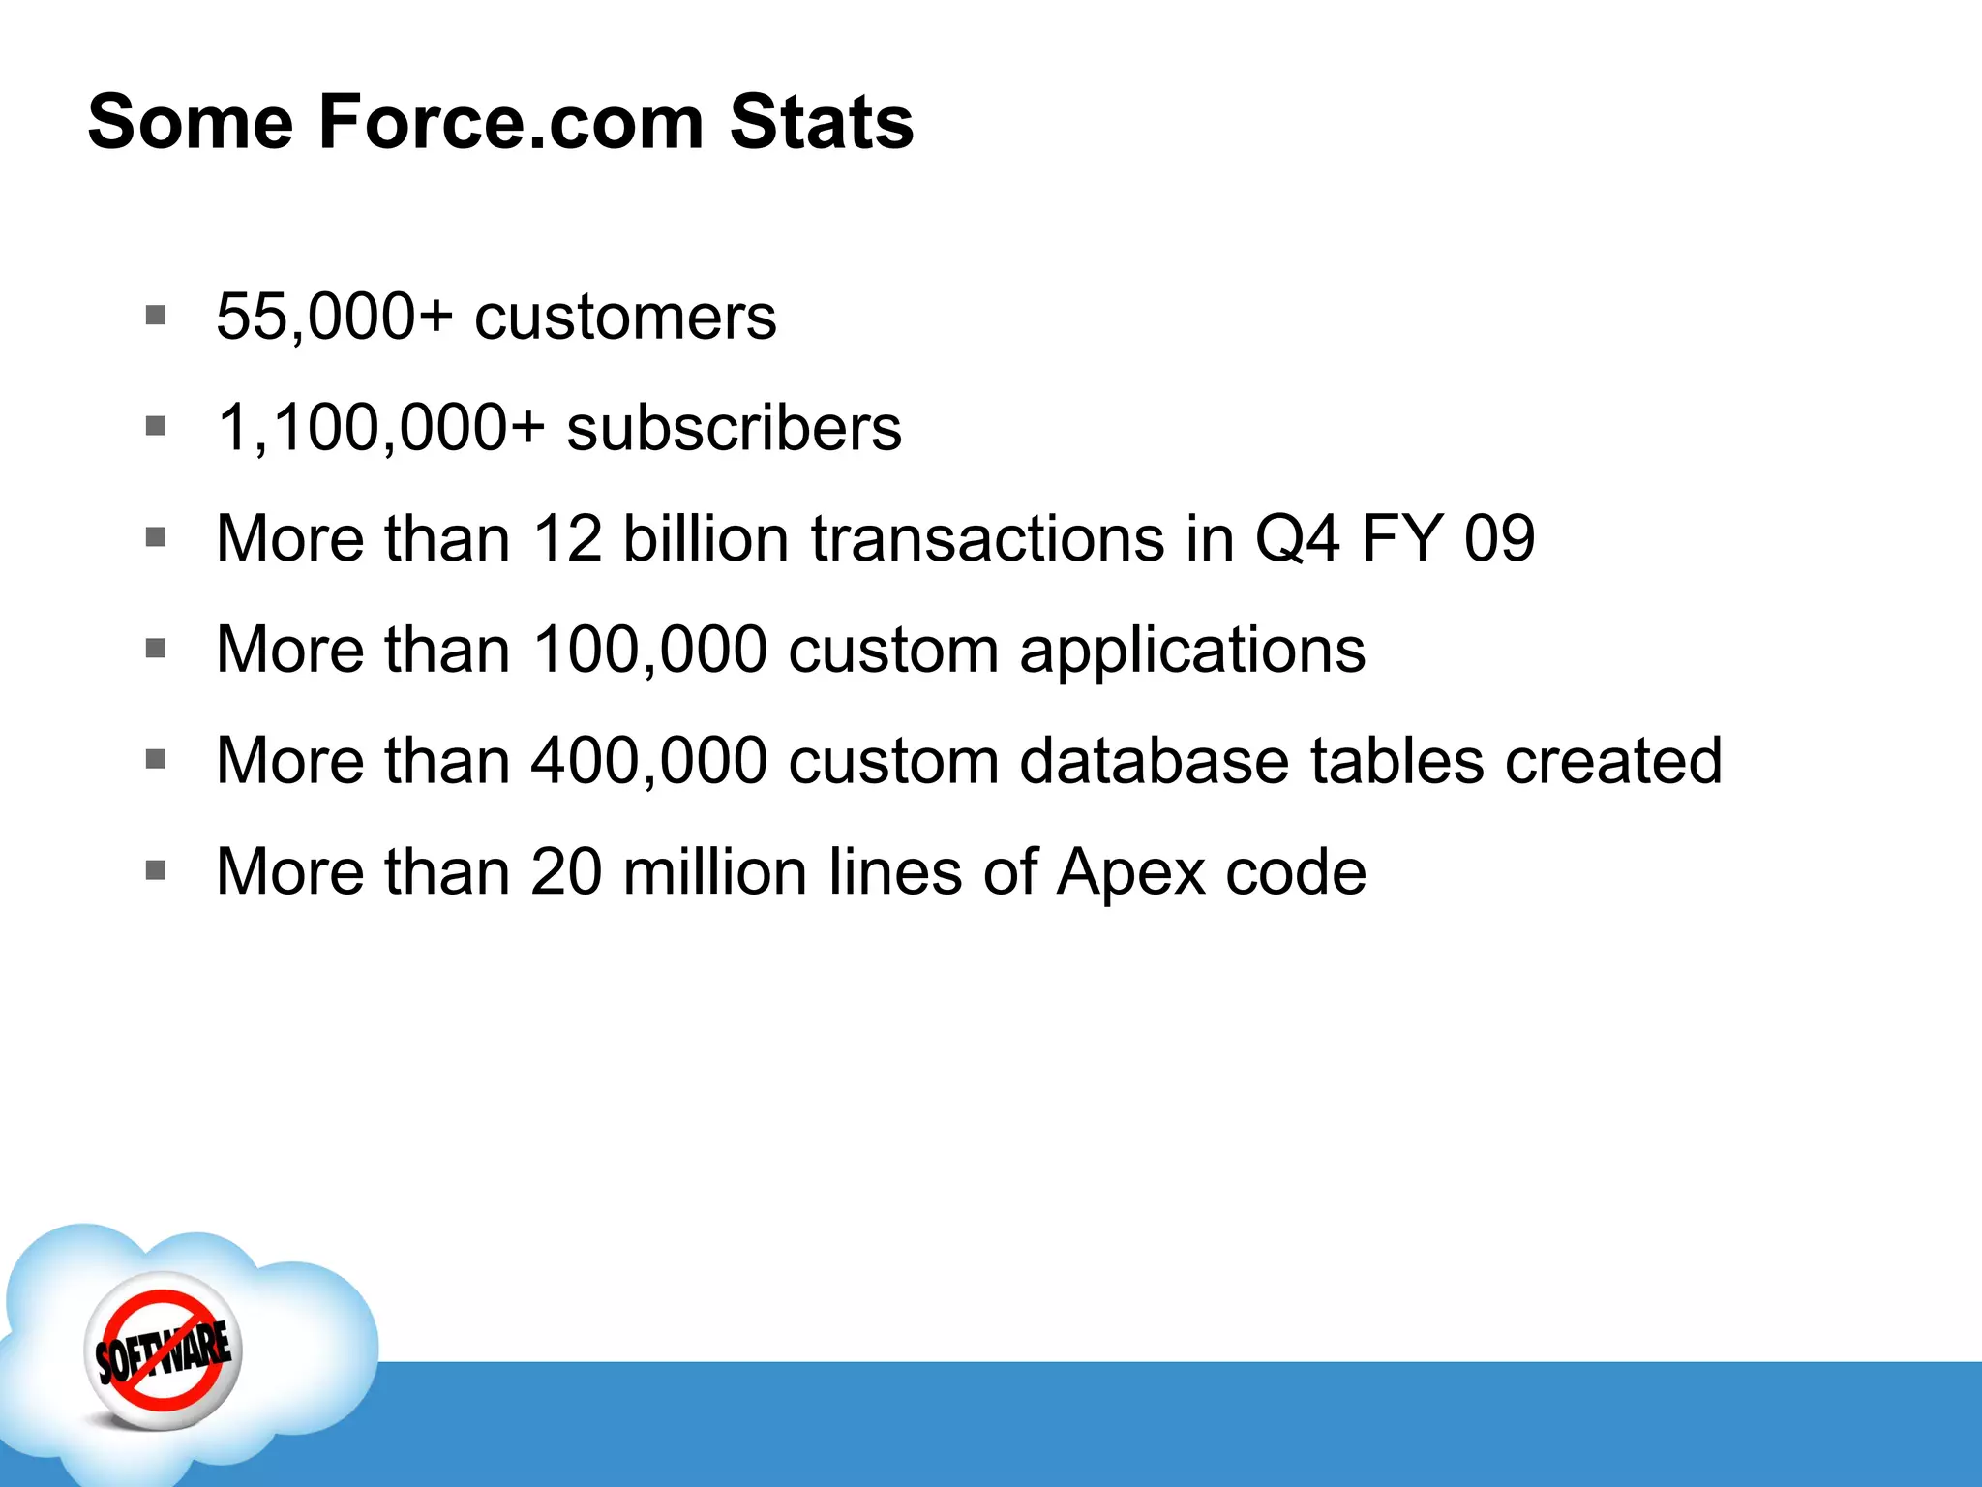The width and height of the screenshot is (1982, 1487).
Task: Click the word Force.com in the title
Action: pyautogui.click(x=510, y=122)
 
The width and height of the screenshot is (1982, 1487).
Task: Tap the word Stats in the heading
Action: pyautogui.click(x=821, y=122)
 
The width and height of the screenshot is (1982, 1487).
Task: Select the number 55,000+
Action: pyautogui.click(x=334, y=317)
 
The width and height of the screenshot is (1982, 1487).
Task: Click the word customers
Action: pyautogui.click(x=625, y=317)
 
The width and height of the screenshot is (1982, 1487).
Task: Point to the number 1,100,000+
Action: pyautogui.click(x=381, y=427)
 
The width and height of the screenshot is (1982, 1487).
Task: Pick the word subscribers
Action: pyautogui.click(x=734, y=427)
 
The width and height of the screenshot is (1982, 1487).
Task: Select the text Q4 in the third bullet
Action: pyautogui.click(x=1297, y=538)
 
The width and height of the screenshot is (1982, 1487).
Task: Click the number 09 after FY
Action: pyautogui.click(x=1499, y=538)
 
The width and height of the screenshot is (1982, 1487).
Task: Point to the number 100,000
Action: pyautogui.click(x=649, y=650)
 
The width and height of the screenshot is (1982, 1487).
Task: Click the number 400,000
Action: pyautogui.click(x=649, y=761)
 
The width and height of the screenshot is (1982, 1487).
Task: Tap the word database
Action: pyautogui.click(x=1154, y=761)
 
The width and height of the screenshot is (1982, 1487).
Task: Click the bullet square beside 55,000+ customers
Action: pyautogui.click(x=156, y=316)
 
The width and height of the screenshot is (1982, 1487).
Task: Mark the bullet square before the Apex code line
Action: pyautogui.click(x=156, y=870)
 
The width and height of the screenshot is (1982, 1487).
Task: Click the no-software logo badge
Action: pyautogui.click(x=164, y=1351)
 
